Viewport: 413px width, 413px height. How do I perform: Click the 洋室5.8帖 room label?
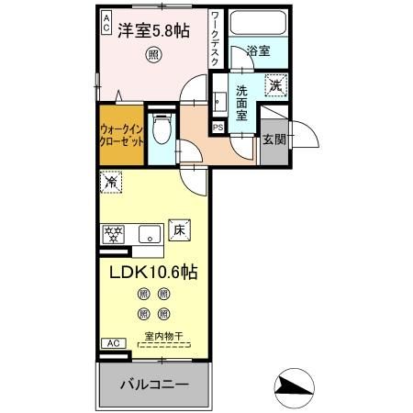coord(154,30)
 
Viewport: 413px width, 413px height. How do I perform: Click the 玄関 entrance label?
coord(273,139)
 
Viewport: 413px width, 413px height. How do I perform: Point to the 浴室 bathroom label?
coord(258,51)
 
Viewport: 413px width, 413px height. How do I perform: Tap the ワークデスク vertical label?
coord(215,37)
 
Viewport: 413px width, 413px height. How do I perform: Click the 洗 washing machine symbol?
coord(273,85)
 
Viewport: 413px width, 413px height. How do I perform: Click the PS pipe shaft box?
coord(218,127)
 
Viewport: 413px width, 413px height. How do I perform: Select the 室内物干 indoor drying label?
coord(166,336)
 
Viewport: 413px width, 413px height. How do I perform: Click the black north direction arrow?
coord(294,386)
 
